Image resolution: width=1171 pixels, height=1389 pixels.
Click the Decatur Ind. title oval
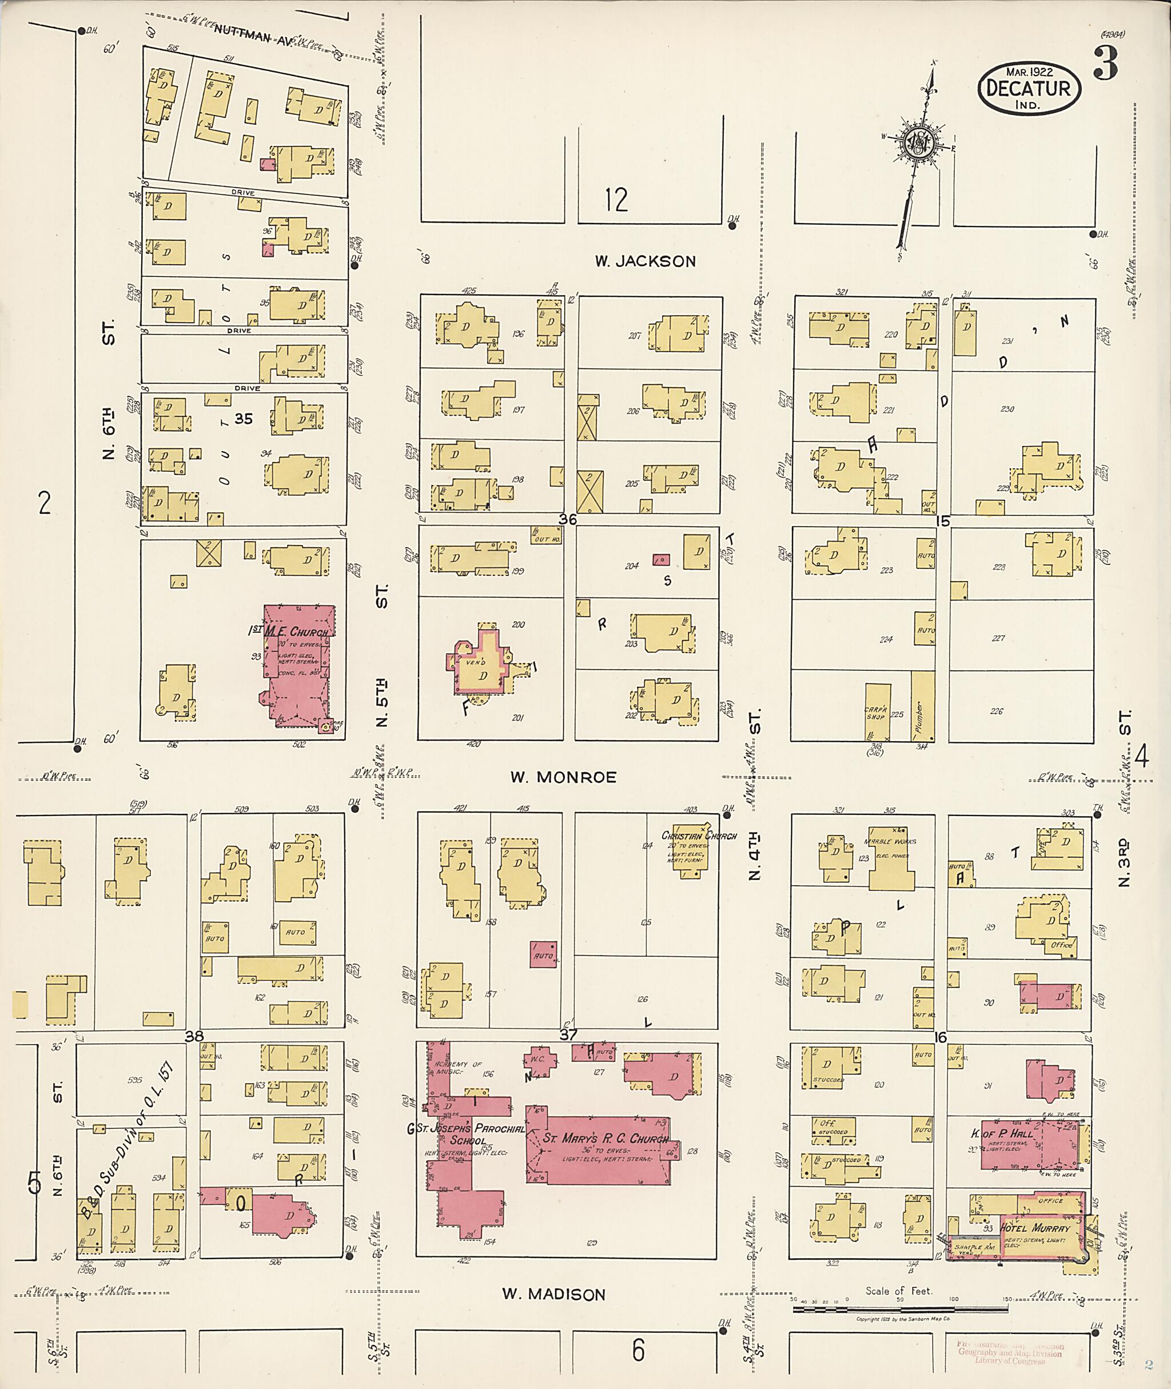1028,87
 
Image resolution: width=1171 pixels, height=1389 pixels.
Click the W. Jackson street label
644,261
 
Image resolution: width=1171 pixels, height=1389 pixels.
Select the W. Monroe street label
563,777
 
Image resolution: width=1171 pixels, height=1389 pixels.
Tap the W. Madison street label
553,1294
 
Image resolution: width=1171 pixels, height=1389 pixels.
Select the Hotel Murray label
1035,1228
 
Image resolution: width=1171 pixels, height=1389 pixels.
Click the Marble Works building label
890,841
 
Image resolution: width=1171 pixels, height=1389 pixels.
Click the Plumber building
922,706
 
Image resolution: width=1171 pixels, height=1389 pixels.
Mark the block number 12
616,200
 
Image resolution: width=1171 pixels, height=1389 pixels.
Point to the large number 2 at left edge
44,504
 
